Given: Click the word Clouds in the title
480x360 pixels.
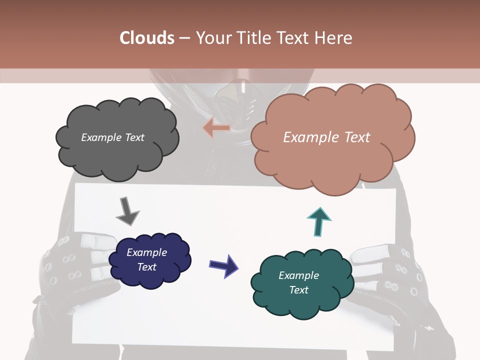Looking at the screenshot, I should click(147, 38).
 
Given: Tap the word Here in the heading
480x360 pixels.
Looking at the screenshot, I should click(333, 38).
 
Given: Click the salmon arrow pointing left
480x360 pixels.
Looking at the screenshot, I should click(216, 128).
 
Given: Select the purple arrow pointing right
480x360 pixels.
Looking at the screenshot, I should click(223, 265).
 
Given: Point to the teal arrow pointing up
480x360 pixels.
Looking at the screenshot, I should click(319, 221).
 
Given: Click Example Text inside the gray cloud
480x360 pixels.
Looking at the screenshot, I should click(112, 137).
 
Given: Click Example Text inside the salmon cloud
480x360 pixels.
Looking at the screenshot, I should click(326, 137).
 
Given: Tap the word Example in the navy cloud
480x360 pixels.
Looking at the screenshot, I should click(146, 252).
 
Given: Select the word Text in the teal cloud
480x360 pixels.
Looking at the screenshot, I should click(298, 290).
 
